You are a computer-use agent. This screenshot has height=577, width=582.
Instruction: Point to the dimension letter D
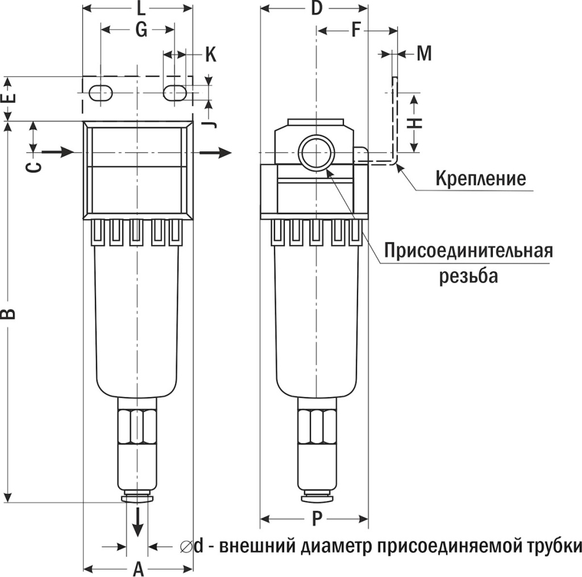pos(317,9)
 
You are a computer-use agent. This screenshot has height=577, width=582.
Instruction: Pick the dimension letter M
pos(424,53)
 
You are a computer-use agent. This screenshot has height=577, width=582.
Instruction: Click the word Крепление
pos(480,179)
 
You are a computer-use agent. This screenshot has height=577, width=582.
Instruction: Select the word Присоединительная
pos(468,250)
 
